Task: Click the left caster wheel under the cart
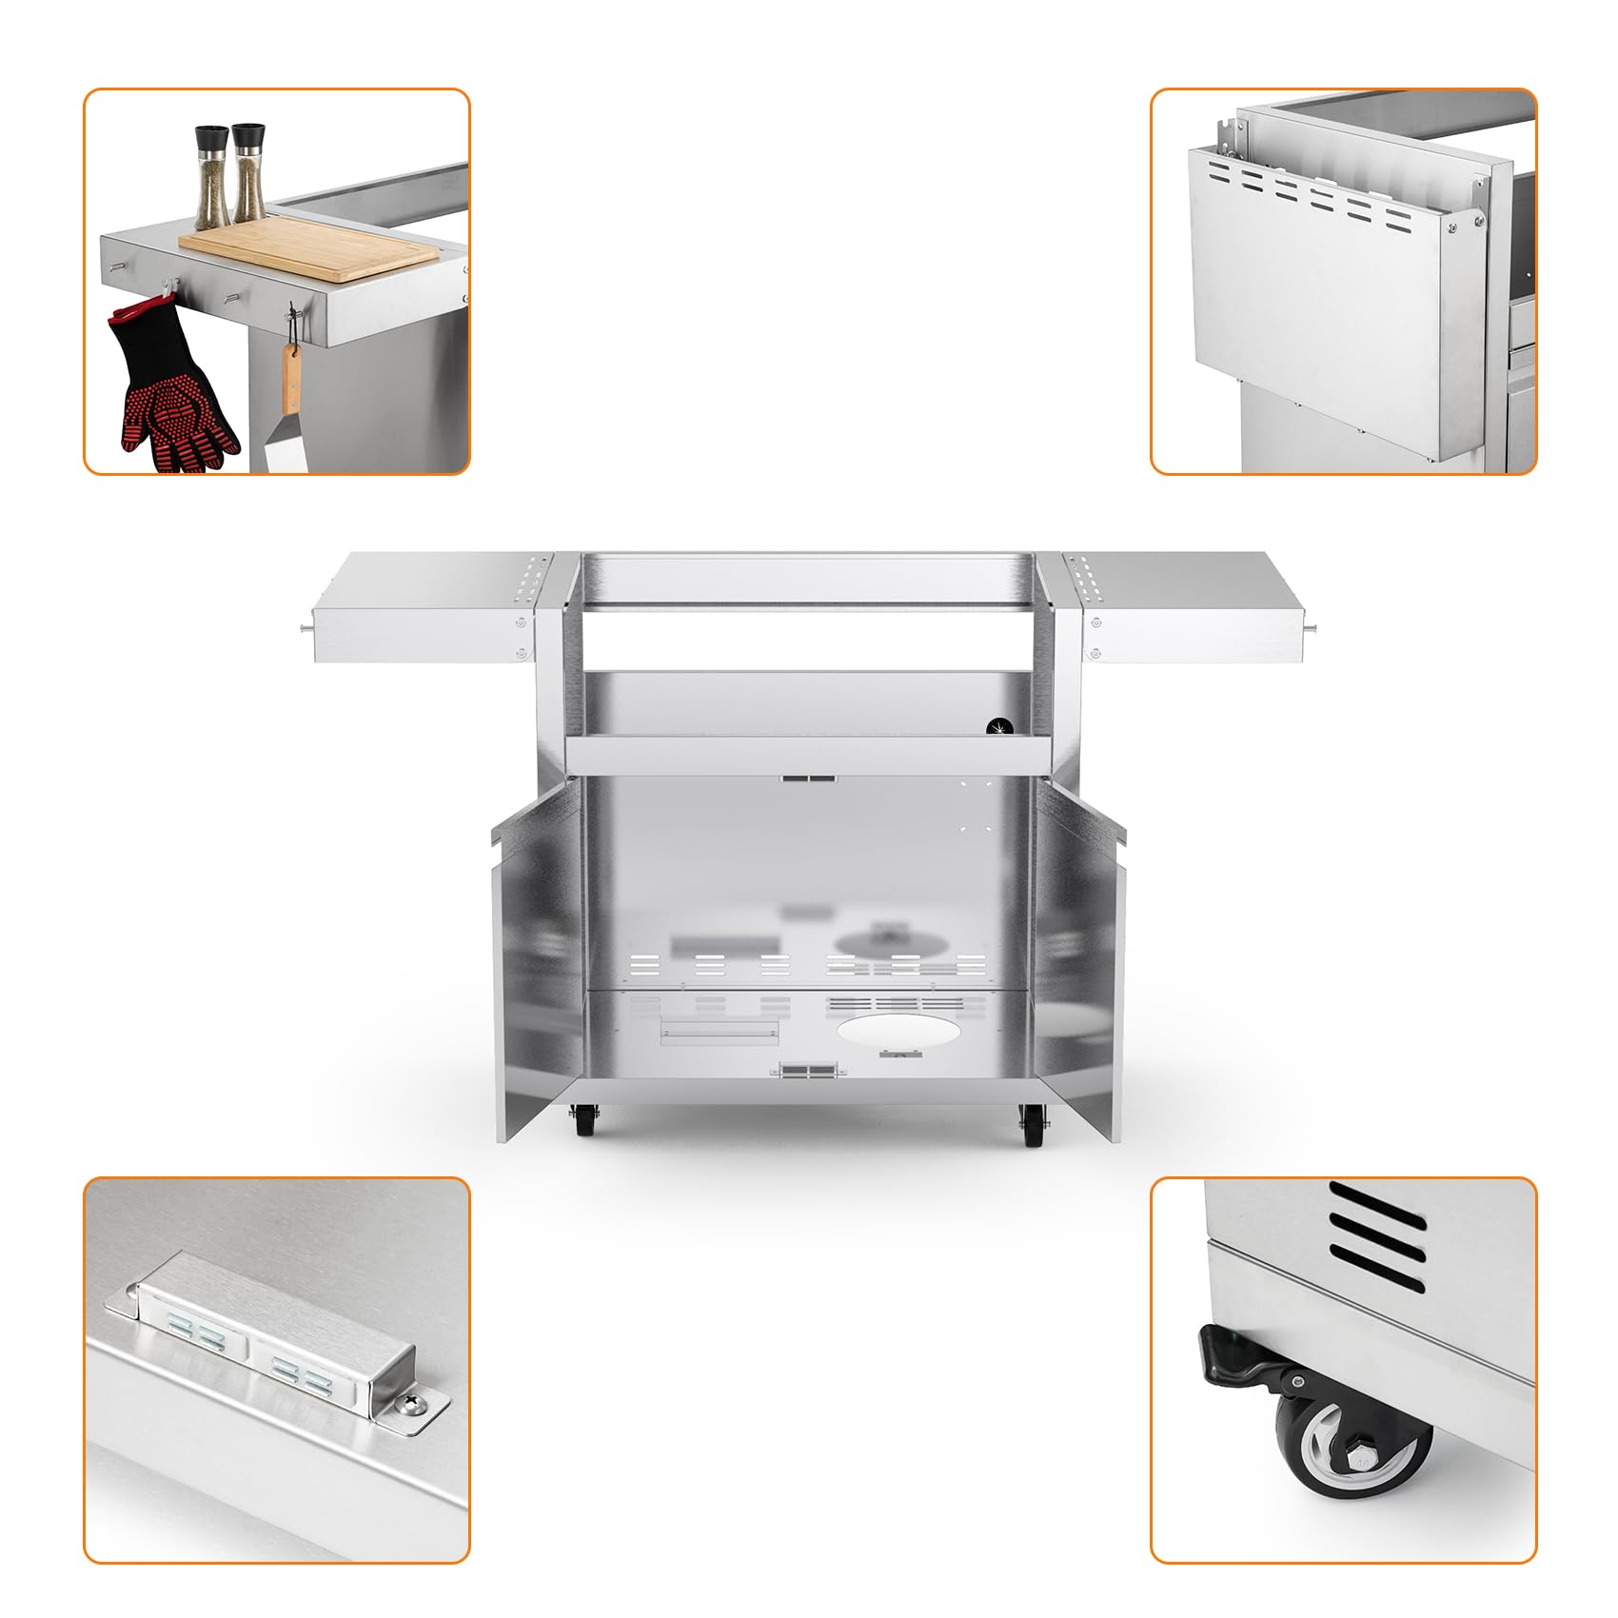tap(582, 1121)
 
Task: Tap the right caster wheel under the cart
tap(1032, 1128)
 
